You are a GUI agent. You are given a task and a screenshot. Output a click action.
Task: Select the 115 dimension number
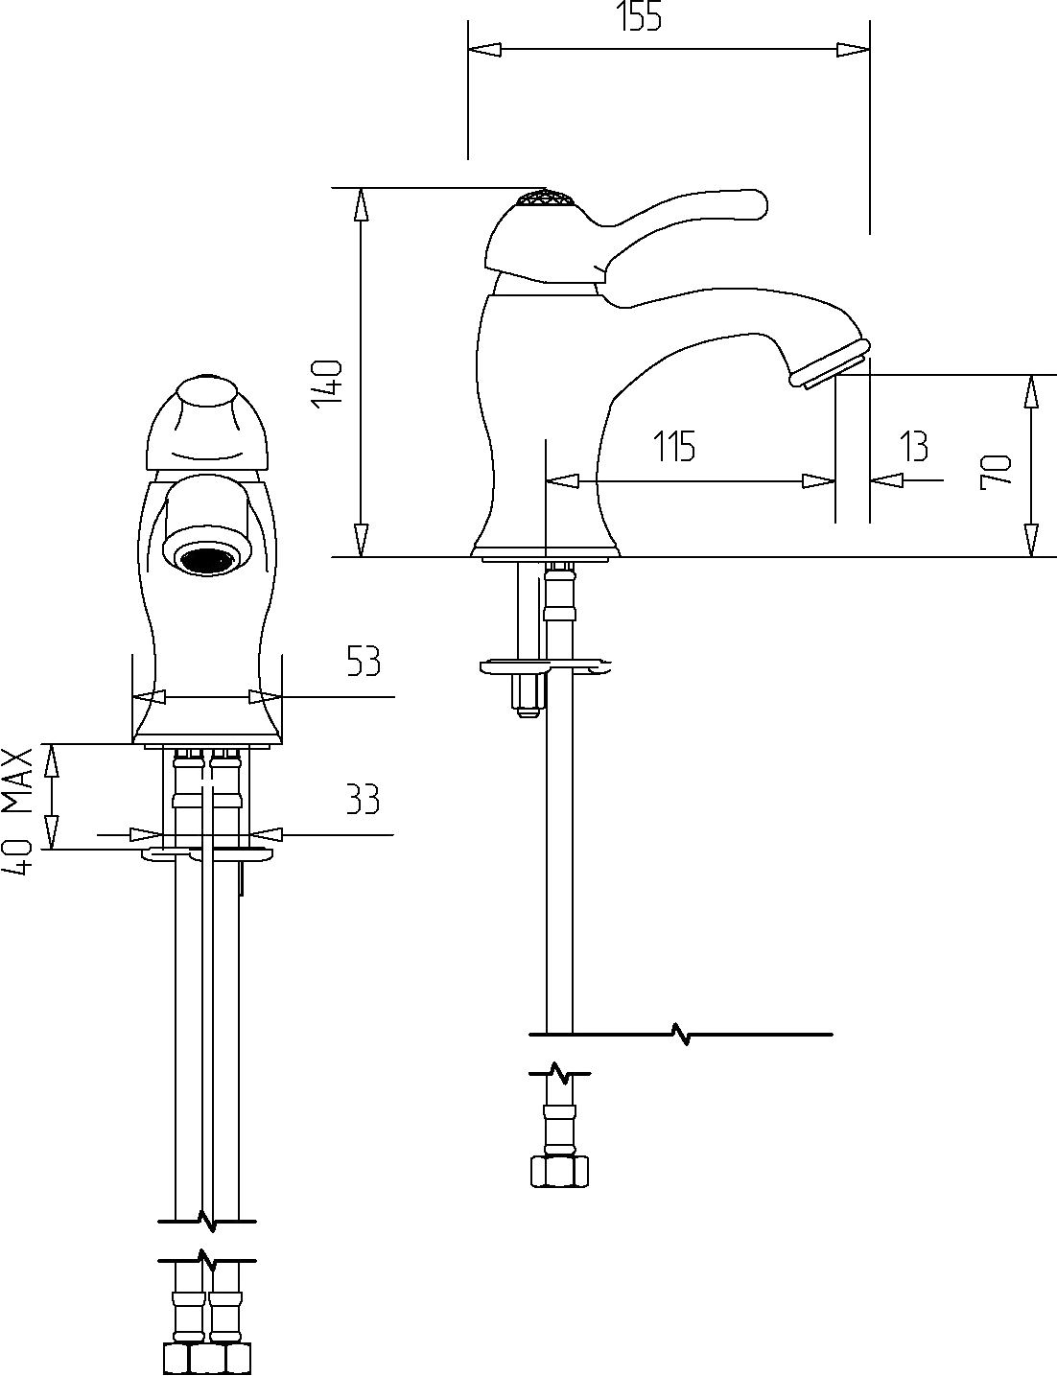[x=674, y=447]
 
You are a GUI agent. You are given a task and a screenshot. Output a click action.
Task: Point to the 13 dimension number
[x=914, y=447]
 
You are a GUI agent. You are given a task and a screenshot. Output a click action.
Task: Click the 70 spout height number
[x=996, y=472]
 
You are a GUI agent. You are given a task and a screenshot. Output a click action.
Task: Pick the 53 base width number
[x=364, y=661]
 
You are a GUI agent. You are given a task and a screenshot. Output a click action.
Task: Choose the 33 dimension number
[x=363, y=799]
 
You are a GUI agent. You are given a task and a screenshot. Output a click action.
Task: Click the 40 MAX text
[x=17, y=812]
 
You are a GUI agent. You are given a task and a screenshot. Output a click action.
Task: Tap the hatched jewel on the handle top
[x=545, y=198]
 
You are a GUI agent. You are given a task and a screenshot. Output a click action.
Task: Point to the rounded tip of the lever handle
[x=758, y=204]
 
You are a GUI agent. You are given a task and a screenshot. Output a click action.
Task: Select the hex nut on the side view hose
[x=559, y=1171]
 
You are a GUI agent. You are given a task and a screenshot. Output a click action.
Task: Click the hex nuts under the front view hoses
[x=207, y=1358]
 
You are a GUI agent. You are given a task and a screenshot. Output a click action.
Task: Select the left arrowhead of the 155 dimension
[x=484, y=50]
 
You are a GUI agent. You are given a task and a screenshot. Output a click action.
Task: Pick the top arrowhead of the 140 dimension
[x=361, y=204]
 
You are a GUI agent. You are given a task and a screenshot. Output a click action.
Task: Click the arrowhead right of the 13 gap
[x=886, y=480]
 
